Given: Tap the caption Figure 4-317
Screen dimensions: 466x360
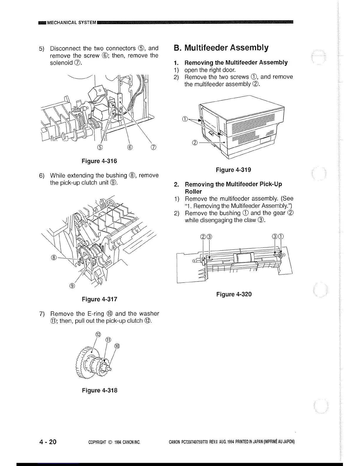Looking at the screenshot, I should tap(99, 299).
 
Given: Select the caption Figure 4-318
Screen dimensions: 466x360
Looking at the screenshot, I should tap(99, 390).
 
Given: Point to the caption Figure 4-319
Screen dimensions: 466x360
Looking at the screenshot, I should tap(234, 170).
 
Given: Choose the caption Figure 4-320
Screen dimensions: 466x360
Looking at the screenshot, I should tap(234, 294).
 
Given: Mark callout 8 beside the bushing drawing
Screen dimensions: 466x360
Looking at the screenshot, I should tap(54, 257).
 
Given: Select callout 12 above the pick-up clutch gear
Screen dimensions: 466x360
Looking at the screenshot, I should tap(99, 334).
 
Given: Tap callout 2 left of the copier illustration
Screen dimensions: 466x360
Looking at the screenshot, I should tap(194, 143).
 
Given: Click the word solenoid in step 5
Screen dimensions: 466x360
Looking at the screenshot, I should tap(61, 63).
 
